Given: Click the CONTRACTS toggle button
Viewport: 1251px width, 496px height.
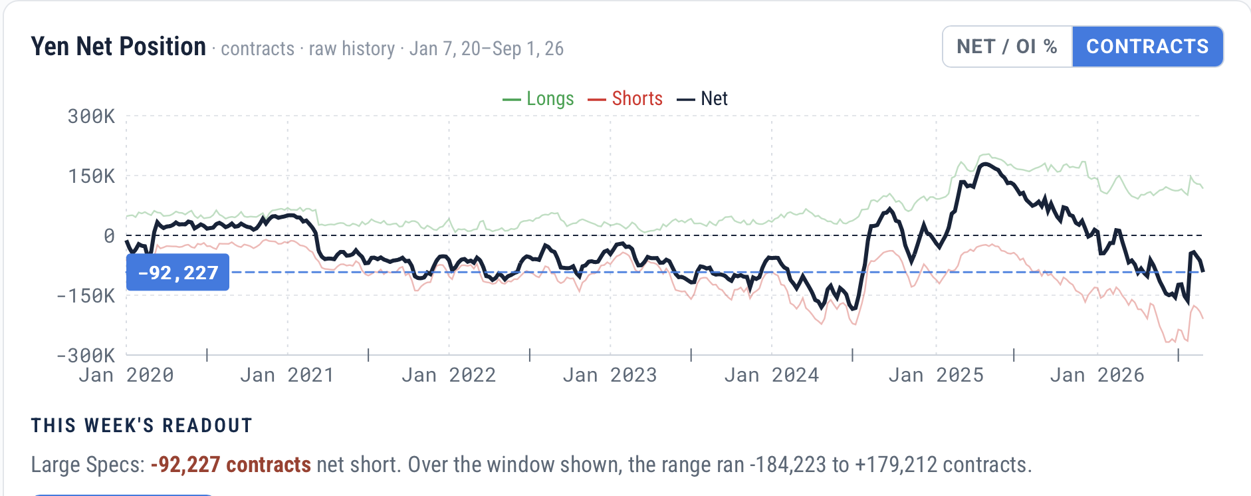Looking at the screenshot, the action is pyautogui.click(x=1147, y=47).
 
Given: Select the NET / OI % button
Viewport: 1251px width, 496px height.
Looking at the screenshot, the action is pyautogui.click(x=1007, y=47).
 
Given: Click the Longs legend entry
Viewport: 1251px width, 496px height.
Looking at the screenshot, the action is pyautogui.click(x=538, y=98).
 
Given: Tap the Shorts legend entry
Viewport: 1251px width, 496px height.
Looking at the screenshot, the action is pyautogui.click(x=625, y=98).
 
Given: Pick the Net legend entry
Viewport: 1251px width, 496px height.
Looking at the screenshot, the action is pyautogui.click(x=703, y=98).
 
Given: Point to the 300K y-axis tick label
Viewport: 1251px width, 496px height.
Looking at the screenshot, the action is pyautogui.click(x=91, y=116).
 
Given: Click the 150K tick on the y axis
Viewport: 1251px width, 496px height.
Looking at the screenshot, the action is pyautogui.click(x=91, y=176).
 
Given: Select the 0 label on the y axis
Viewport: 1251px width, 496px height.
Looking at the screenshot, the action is pyautogui.click(x=109, y=236).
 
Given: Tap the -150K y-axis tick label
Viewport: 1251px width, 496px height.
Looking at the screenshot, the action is pyautogui.click(x=86, y=296).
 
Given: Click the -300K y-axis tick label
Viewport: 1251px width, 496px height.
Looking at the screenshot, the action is pyautogui.click(x=86, y=356).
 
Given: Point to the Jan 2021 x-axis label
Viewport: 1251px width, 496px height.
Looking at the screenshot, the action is pyautogui.click(x=286, y=376).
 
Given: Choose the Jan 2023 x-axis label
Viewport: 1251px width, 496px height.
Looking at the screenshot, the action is pyautogui.click(x=610, y=376).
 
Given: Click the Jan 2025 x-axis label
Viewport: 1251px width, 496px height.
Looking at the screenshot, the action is pyautogui.click(x=936, y=376).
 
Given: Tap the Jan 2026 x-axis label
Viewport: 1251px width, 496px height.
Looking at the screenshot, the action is pyautogui.click(x=1097, y=376).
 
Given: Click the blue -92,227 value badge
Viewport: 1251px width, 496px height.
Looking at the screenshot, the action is pyautogui.click(x=177, y=273).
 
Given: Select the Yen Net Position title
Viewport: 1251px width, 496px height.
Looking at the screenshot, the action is pyautogui.click(x=118, y=47).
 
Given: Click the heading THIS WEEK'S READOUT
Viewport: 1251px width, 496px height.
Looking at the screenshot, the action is pyautogui.click(x=142, y=426).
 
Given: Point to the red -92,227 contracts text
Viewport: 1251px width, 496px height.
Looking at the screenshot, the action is pyautogui.click(x=231, y=465).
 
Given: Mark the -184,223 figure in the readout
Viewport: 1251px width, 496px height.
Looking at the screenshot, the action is pyautogui.click(x=788, y=465).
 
